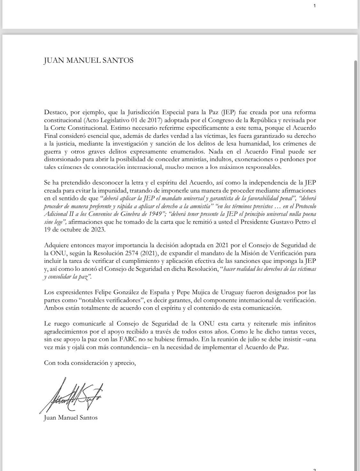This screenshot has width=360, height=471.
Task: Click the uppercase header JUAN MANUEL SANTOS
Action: tap(89, 60)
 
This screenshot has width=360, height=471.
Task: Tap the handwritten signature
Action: tap(72, 395)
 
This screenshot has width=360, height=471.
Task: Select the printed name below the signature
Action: tap(70, 417)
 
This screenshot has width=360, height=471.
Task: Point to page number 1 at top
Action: tap(315, 5)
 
